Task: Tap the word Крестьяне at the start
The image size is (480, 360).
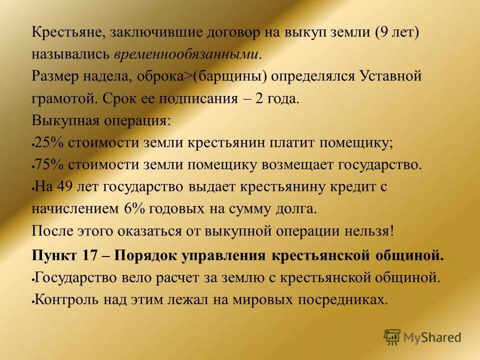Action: click(x=67, y=33)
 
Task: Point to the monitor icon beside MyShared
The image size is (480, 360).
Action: click(x=392, y=337)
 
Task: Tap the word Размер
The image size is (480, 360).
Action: click(x=54, y=76)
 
